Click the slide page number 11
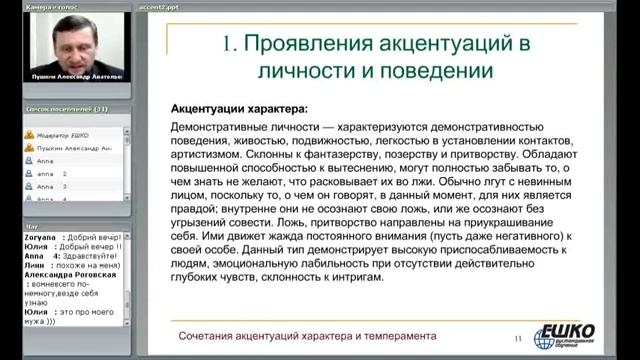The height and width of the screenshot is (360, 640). pos(517,338)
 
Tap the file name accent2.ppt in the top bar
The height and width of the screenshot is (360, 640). pos(159,5)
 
